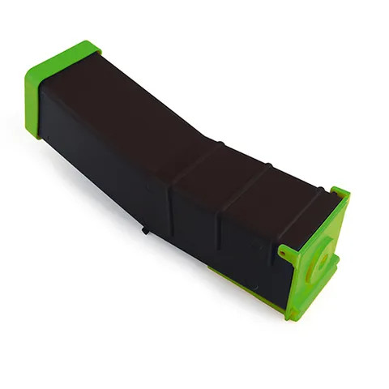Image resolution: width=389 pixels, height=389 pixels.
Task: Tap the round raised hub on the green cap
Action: (x=324, y=261)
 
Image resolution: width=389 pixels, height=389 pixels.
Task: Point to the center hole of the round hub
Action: (x=325, y=262)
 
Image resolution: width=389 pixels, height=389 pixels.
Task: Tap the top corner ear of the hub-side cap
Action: (x=340, y=193)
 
